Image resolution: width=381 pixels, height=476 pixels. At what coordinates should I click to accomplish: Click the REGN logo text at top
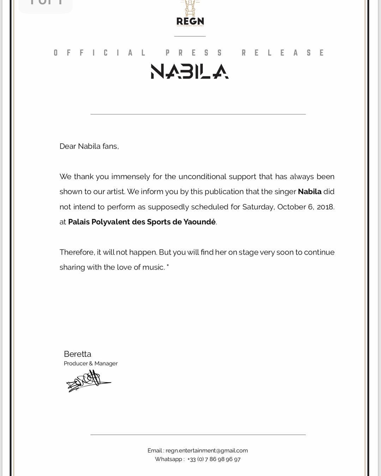190,21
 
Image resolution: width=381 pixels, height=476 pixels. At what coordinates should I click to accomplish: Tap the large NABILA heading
190,71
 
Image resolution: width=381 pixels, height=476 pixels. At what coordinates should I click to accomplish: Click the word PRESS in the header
194,53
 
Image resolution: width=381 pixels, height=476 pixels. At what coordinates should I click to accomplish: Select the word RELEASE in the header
283,53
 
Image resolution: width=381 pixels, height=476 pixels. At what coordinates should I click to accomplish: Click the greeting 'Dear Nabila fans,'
89,146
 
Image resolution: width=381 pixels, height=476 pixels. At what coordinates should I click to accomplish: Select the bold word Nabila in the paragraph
309,192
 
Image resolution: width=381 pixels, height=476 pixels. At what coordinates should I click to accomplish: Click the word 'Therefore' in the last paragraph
77,252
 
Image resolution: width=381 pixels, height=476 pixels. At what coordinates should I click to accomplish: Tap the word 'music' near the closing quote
153,267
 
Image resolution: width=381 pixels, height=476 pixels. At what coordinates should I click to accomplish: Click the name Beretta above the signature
78,354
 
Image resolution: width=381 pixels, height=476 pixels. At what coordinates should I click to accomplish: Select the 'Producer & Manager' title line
91,363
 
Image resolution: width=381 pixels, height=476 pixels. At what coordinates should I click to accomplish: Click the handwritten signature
88,381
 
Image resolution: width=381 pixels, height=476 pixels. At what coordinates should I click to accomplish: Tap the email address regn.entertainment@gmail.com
207,451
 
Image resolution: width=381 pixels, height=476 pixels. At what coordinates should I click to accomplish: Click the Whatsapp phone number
214,459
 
